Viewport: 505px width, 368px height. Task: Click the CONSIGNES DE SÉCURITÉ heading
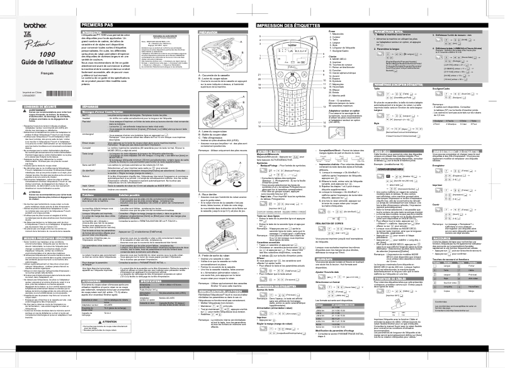pos(29,104)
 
